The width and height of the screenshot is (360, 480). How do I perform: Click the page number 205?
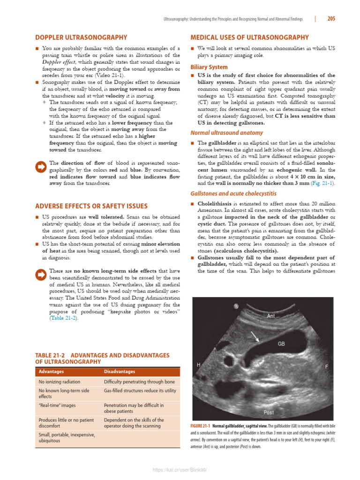(x=331, y=19)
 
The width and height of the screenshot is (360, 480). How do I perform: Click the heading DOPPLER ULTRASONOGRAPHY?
(x=81, y=37)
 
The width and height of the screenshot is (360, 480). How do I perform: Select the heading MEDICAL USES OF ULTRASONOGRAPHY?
(x=249, y=37)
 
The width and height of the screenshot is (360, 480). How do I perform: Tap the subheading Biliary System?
(x=209, y=67)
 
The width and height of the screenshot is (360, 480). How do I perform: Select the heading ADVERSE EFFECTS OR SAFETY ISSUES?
(x=91, y=206)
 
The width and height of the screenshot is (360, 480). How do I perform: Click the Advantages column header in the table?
(x=52, y=372)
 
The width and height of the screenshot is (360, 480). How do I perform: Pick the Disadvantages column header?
(x=120, y=372)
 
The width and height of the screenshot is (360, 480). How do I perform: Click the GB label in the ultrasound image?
(x=281, y=344)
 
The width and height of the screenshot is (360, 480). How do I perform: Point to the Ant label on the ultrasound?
(x=270, y=316)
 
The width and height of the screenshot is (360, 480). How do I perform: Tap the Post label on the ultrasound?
(x=269, y=412)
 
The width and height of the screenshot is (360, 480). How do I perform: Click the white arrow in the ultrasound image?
(x=255, y=336)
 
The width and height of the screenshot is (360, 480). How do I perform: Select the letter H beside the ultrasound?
(x=198, y=365)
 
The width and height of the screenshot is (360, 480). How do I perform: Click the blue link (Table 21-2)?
(x=64, y=318)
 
